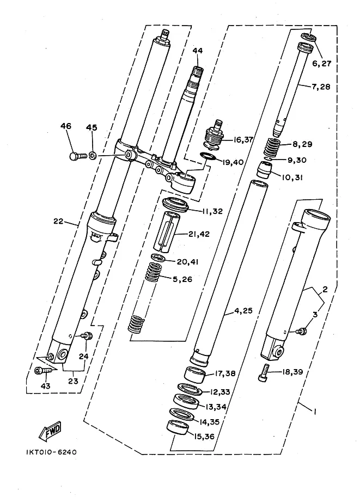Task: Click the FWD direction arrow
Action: pos(50,431)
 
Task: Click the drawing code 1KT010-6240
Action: pos(51,452)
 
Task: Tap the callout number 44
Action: pos(197,51)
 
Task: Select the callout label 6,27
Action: pos(322,63)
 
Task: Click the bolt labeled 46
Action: pos(78,156)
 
